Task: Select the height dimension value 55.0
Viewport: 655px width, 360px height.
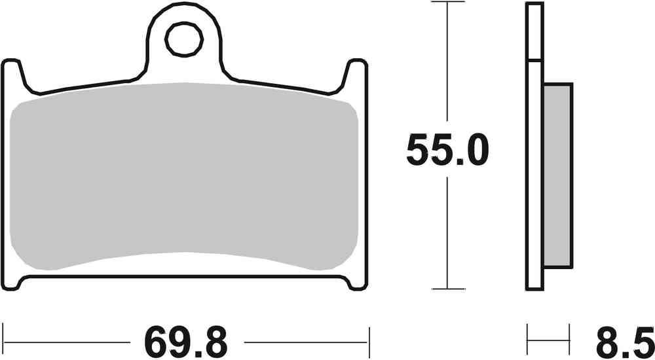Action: pyautogui.click(x=447, y=152)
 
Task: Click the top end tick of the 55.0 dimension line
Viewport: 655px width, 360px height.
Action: pyautogui.click(x=447, y=3)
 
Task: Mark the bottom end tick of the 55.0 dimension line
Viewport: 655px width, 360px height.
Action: pyautogui.click(x=447, y=289)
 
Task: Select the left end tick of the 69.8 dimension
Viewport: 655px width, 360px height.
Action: pyautogui.click(x=3, y=341)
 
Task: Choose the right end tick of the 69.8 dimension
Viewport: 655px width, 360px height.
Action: pyautogui.click(x=369, y=341)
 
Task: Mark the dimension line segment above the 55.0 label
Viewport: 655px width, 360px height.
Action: pyautogui.click(x=447, y=65)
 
